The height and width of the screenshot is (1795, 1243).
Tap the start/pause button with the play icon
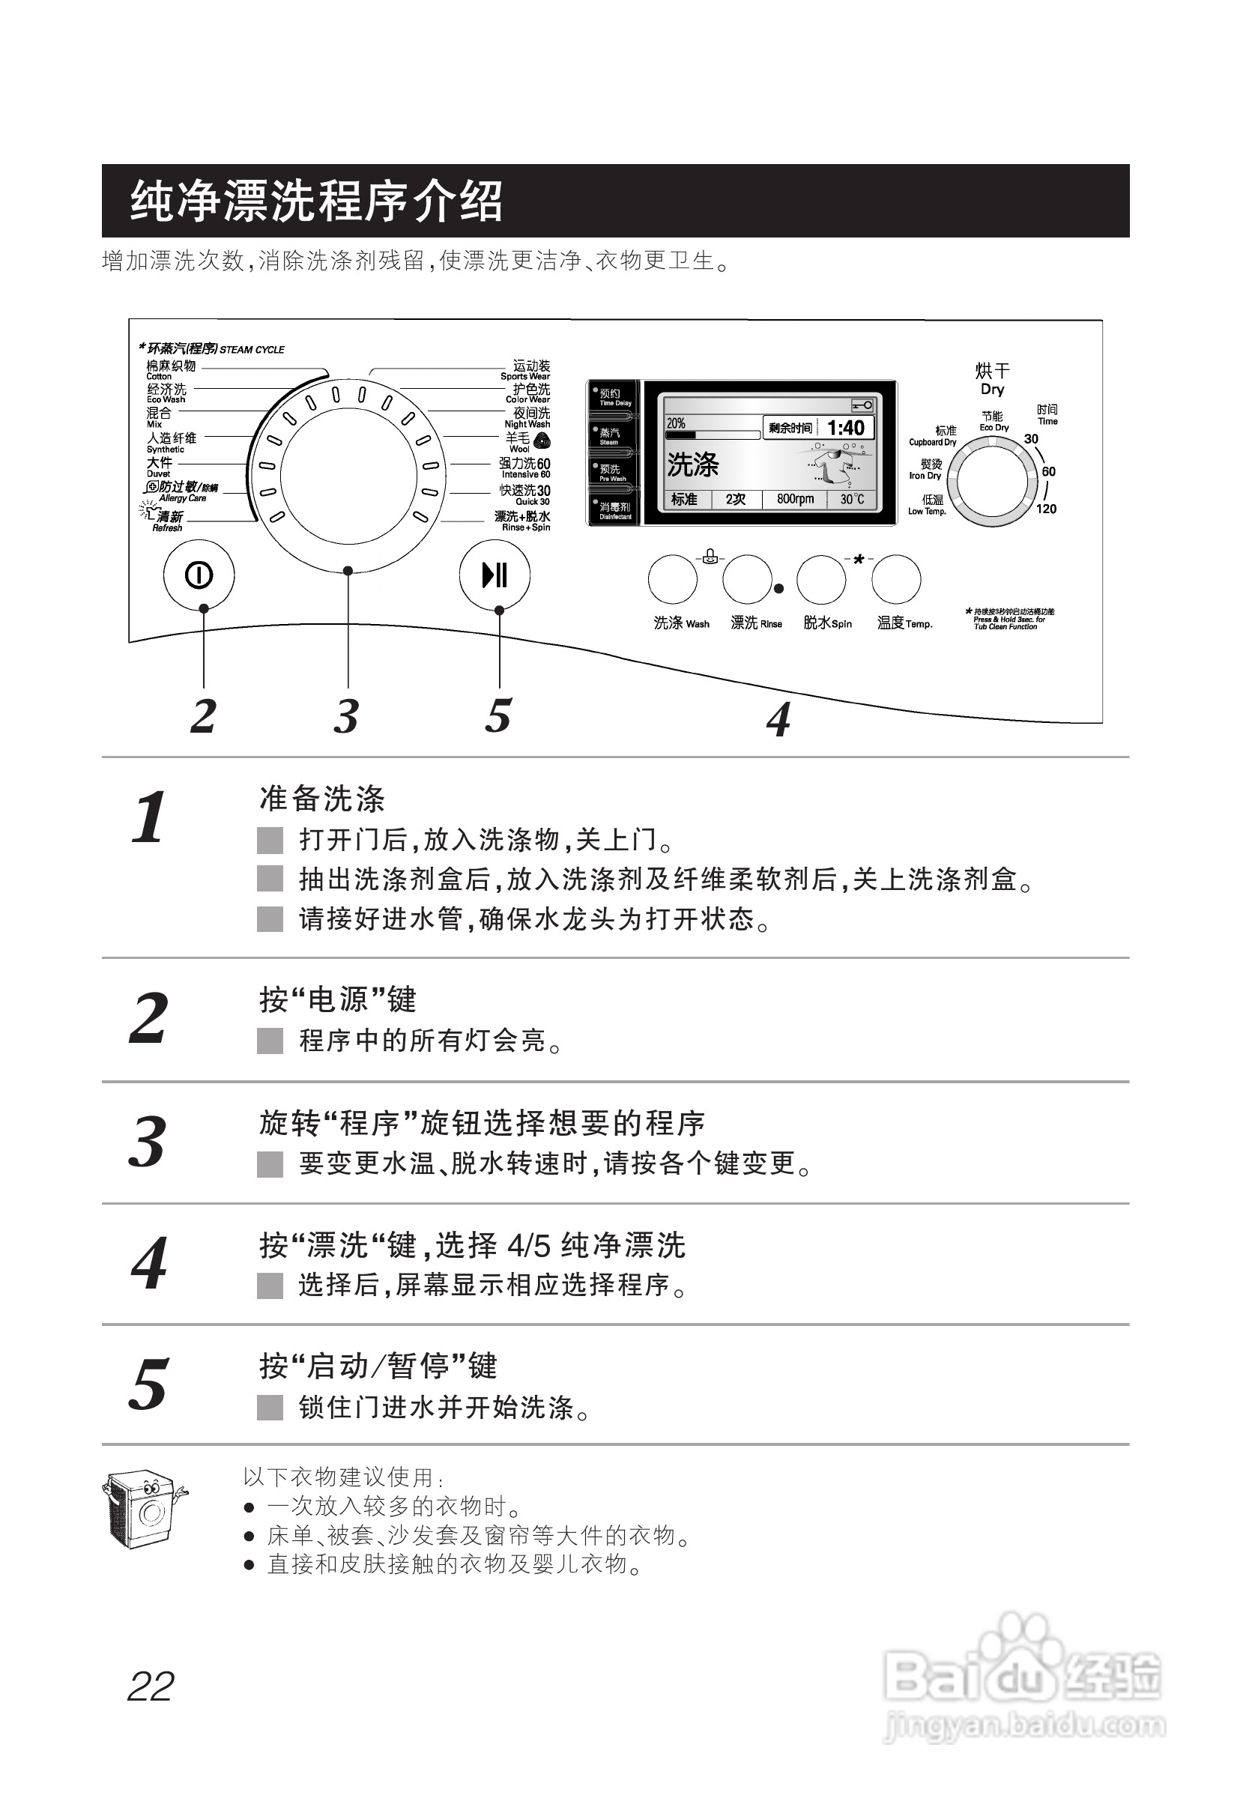click(x=495, y=575)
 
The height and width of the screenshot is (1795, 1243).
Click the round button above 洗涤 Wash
click(x=673, y=579)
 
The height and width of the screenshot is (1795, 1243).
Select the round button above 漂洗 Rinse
click(x=747, y=579)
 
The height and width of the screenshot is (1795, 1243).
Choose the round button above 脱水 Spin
click(x=822, y=579)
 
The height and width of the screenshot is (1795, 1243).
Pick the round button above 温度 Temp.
click(x=896, y=579)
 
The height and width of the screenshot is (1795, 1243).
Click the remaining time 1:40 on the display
click(x=845, y=428)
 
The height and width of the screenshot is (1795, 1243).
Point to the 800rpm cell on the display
click(x=794, y=499)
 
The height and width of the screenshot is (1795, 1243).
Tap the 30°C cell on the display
click(x=852, y=499)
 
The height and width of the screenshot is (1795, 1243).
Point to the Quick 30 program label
click(x=525, y=494)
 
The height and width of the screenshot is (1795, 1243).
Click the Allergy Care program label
click(x=181, y=491)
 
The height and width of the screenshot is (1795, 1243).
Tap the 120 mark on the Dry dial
click(x=1046, y=509)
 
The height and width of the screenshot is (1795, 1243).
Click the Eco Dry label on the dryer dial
click(x=993, y=421)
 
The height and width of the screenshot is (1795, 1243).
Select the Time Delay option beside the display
click(x=614, y=397)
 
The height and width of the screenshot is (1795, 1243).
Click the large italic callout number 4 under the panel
click(x=778, y=718)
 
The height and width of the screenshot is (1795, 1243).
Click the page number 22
click(x=151, y=1687)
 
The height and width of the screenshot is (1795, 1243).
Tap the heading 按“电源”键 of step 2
click(x=338, y=1000)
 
